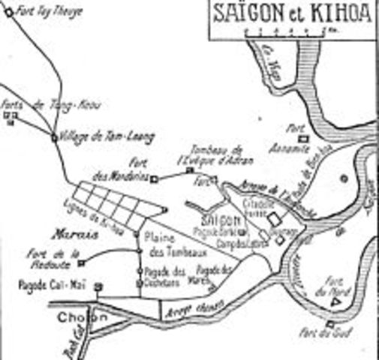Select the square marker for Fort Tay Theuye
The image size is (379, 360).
[8, 11]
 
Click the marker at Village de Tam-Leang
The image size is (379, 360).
[55, 137]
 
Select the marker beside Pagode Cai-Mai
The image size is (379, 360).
[96, 286]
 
